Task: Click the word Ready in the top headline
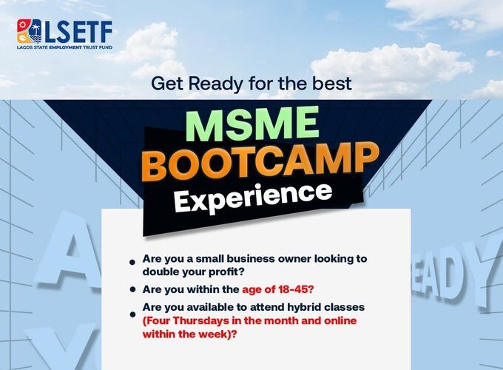point(215,84)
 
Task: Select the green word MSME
point(252,124)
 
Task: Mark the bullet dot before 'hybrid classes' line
point(132,310)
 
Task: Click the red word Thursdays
point(205,320)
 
